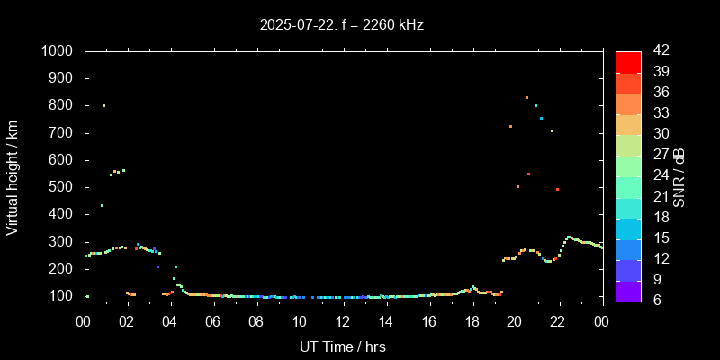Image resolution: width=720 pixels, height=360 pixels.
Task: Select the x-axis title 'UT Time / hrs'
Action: pyautogui.click(x=343, y=346)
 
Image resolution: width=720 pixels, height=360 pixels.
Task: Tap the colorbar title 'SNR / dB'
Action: pyautogui.click(x=679, y=176)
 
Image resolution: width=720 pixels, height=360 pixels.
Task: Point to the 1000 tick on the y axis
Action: pyautogui.click(x=59, y=51)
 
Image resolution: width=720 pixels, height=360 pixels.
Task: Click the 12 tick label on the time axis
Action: pyautogui.click(x=343, y=319)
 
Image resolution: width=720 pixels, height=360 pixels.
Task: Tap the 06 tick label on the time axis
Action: pyautogui.click(x=213, y=319)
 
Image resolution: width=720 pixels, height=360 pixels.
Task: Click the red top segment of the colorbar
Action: pyautogui.click(x=628, y=61)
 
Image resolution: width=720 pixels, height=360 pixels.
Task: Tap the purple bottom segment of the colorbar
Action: pyautogui.click(x=628, y=290)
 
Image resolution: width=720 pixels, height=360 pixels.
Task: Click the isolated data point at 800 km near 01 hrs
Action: pyautogui.click(x=103, y=105)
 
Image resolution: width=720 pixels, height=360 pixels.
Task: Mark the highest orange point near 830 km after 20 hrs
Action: pyautogui.click(x=526, y=97)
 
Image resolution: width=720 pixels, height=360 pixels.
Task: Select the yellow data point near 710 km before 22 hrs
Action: pyautogui.click(x=552, y=130)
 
